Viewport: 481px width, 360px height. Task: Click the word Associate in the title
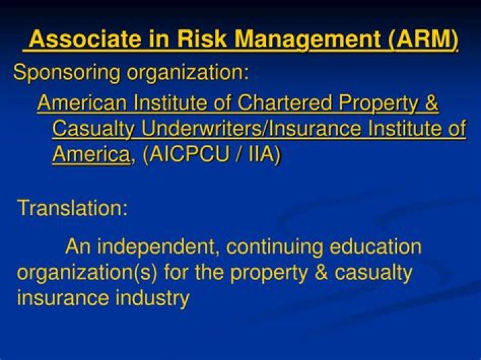pos(86,39)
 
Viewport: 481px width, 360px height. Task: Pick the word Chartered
pos(285,102)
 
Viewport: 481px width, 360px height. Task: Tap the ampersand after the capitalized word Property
pos(432,102)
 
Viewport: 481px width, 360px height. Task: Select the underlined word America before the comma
pos(91,154)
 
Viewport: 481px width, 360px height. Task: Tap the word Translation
pos(72,208)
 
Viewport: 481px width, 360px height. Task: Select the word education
pos(375,246)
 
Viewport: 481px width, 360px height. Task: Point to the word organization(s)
pos(87,273)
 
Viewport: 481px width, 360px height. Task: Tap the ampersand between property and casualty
pos(321,272)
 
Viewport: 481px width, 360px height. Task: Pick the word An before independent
pos(78,246)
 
